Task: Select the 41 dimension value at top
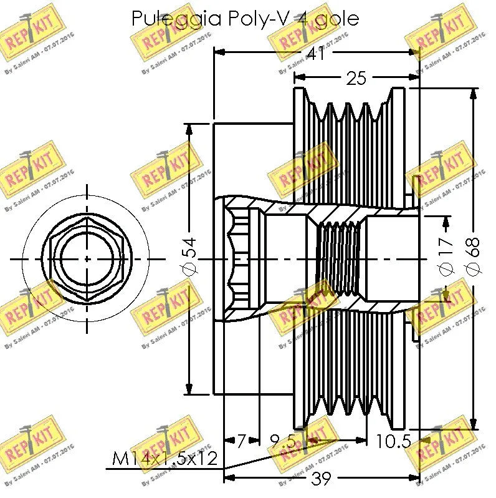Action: point(317,54)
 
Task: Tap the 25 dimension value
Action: point(356,78)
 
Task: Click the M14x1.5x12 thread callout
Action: point(165,460)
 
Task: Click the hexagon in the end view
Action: point(86,258)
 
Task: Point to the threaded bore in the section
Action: point(341,258)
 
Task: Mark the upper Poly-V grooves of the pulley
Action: point(346,112)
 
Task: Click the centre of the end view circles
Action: point(86,258)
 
